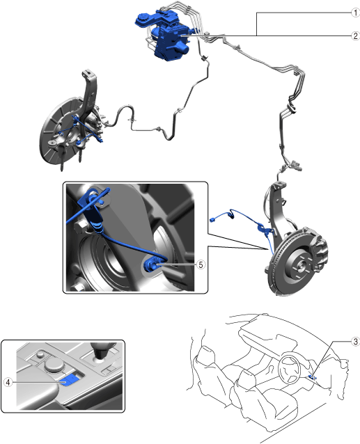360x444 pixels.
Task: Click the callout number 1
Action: (x=355, y=13)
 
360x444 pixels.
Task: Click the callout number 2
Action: (x=355, y=36)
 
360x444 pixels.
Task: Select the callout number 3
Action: (x=356, y=342)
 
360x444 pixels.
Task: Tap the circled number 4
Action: (x=8, y=382)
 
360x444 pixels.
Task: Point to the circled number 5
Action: (x=201, y=264)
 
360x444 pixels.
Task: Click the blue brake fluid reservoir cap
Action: (x=141, y=19)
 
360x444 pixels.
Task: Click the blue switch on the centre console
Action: (x=70, y=379)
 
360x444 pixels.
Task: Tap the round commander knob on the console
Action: (x=54, y=365)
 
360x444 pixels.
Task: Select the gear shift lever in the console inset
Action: (x=102, y=351)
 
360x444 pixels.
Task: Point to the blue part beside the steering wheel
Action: (x=312, y=376)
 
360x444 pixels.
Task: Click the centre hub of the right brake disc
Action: (x=300, y=266)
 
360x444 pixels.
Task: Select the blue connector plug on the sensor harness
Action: (x=213, y=219)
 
